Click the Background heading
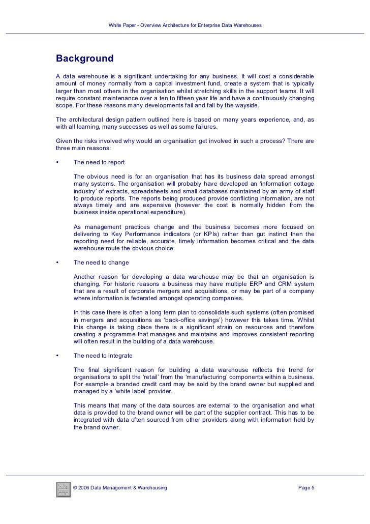pyautogui.click(x=84, y=59)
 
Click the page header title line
pyautogui.click(x=185, y=25)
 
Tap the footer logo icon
pyautogui.click(x=64, y=489)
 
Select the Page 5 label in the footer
pyautogui.click(x=306, y=489)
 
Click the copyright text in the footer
pyautogui.click(x=120, y=489)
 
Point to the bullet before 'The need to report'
pyautogui.click(x=57, y=163)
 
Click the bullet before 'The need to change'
pyautogui.click(x=57, y=263)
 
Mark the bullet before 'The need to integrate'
pyautogui.click(x=57, y=356)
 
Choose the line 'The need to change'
pyautogui.click(x=101, y=263)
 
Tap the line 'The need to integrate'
pyautogui.click(x=103, y=356)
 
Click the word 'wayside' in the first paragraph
pyautogui.click(x=246, y=105)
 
